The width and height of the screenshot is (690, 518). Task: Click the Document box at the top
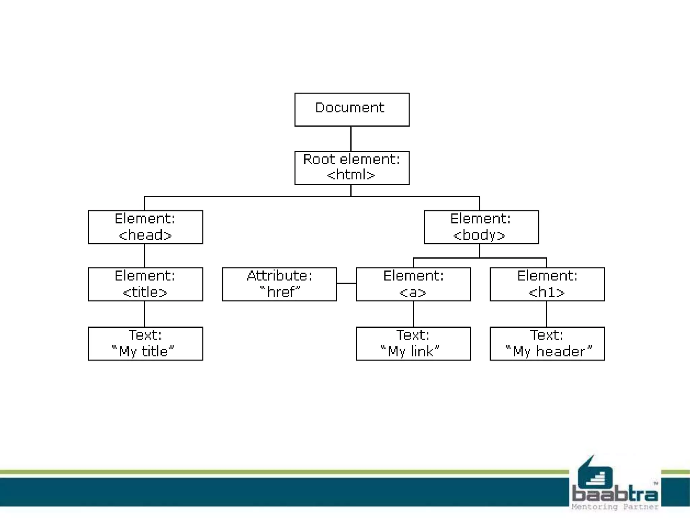tap(352, 110)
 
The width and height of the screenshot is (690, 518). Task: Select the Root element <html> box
tap(352, 168)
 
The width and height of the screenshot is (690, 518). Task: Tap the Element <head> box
tap(146, 227)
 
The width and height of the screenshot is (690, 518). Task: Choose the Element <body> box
tap(481, 227)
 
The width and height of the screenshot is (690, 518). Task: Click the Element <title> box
tap(146, 284)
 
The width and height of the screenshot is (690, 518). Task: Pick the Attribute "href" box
tap(279, 284)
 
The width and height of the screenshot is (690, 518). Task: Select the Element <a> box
tap(413, 284)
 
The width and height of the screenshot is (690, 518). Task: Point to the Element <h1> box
tap(547, 284)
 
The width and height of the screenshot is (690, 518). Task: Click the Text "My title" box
tap(146, 343)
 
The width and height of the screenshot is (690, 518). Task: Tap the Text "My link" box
tap(413, 343)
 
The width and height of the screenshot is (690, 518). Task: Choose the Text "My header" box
tap(547, 343)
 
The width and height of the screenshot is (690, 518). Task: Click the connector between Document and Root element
tap(351, 139)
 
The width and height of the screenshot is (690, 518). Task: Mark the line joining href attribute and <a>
tap(346, 283)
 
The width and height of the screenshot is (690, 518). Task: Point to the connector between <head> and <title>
tap(145, 256)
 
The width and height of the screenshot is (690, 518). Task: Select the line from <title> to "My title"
tap(145, 314)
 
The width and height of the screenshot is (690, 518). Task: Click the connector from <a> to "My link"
tap(413, 314)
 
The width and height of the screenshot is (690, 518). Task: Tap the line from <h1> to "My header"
tap(546, 314)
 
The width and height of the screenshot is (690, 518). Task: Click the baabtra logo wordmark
tap(615, 494)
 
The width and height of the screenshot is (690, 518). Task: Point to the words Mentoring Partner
tap(615, 507)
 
